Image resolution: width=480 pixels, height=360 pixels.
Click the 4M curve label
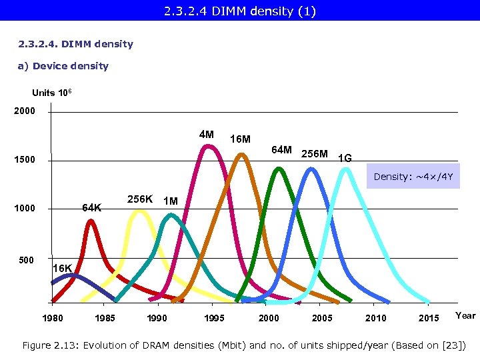coord(207,135)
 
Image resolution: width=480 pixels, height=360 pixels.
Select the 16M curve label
coord(240,139)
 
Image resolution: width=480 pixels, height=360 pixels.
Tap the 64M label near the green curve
coord(281,149)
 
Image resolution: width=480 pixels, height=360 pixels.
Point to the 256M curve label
coord(315,154)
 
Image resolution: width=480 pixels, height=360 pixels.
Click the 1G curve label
coord(345,159)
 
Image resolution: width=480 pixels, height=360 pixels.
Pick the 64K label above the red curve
coord(91,207)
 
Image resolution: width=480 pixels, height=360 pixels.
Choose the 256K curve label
coord(140,199)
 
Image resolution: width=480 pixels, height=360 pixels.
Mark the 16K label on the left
coord(63,268)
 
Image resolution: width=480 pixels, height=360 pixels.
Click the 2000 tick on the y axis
coord(25,111)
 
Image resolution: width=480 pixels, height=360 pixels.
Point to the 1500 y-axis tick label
coord(25,161)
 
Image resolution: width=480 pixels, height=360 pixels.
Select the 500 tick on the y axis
coord(26,260)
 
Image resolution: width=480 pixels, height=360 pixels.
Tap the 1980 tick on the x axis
coord(53,318)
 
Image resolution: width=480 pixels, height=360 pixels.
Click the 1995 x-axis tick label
coord(214,318)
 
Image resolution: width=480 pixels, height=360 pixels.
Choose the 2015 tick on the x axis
coord(429,318)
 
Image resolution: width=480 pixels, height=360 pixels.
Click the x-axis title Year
coord(465,315)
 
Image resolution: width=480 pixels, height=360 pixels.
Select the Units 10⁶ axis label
coord(57,93)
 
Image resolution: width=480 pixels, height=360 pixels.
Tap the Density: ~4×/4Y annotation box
coord(413,177)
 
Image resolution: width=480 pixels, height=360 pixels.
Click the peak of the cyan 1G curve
coord(345,169)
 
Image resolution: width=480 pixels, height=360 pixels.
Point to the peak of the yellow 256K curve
coord(139,211)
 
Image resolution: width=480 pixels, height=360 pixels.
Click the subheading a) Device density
coord(63,66)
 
